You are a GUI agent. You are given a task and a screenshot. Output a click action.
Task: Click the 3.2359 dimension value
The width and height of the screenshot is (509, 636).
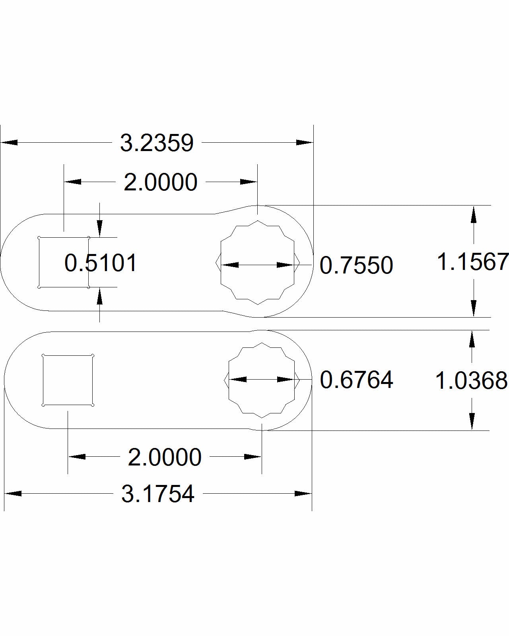tap(157, 143)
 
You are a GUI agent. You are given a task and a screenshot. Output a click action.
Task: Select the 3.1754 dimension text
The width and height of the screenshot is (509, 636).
tap(158, 494)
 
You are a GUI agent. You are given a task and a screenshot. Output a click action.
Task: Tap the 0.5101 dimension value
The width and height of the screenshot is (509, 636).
tap(101, 263)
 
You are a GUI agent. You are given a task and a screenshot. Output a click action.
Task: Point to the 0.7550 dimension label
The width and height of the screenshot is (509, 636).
tap(356, 266)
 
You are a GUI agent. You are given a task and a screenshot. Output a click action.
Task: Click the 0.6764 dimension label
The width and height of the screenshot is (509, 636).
tap(356, 380)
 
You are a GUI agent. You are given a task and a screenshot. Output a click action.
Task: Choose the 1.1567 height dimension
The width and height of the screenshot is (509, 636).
tap(472, 262)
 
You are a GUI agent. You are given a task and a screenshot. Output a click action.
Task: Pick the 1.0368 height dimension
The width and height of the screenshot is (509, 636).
tap(471, 381)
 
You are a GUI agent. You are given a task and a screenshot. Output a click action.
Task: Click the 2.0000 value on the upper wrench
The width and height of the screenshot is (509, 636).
tap(160, 182)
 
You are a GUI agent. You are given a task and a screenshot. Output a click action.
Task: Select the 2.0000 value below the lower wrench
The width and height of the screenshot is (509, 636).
tap(164, 458)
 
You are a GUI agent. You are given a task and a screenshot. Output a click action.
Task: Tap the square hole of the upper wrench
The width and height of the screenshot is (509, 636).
tap(64, 262)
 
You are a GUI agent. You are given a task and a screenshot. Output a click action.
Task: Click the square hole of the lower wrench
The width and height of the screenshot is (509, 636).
tap(68, 380)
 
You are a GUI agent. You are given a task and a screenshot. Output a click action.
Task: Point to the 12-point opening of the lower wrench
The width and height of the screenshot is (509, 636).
tap(262, 380)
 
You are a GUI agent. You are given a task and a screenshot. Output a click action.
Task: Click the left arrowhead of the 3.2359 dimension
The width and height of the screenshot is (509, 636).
tap(9, 142)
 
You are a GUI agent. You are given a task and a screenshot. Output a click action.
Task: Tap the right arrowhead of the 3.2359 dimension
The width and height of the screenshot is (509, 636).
tap(305, 142)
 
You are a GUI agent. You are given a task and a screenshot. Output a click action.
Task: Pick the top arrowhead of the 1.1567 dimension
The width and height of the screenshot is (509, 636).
tap(473, 214)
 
